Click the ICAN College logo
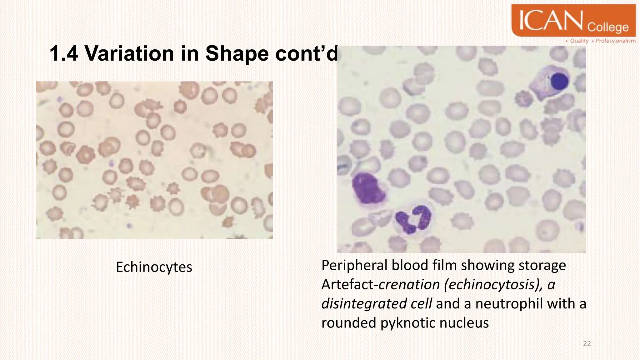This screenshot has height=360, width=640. [x=573, y=21]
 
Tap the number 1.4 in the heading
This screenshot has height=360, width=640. [x=64, y=53]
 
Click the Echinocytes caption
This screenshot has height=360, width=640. [x=154, y=267]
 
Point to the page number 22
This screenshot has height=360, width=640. [x=587, y=344]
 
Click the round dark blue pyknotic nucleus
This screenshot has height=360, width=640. [x=559, y=81]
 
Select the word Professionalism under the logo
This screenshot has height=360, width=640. [x=615, y=41]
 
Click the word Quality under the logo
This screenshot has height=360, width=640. [x=579, y=41]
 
